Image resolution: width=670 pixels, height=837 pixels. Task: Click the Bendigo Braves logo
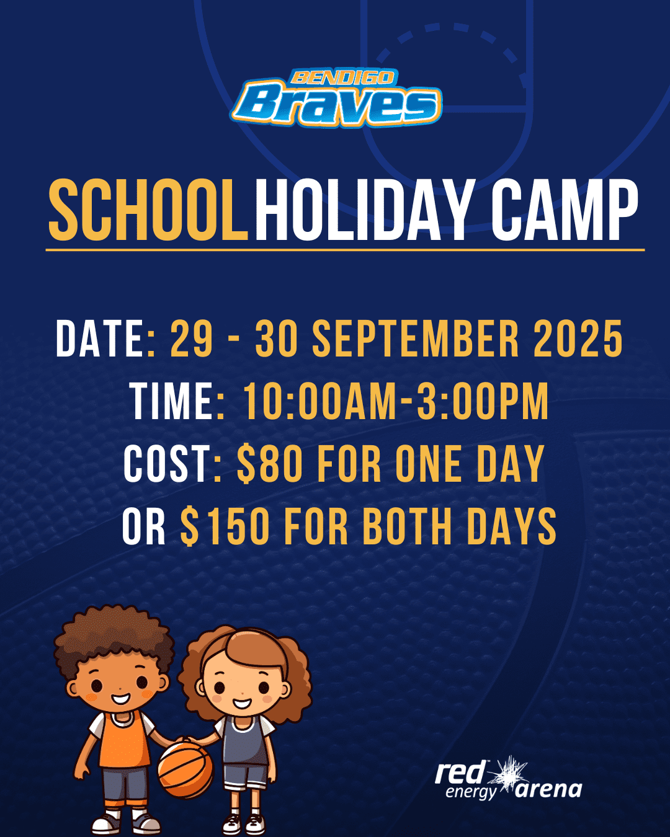[337, 98]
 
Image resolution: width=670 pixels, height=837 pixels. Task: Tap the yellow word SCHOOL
[148, 210]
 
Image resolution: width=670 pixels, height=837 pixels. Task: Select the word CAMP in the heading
[565, 210]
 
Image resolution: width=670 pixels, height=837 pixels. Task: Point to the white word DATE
[100, 339]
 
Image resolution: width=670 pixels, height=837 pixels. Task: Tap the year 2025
[578, 339]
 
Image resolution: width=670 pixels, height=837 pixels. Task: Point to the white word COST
[167, 464]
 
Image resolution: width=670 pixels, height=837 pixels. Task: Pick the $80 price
[270, 464]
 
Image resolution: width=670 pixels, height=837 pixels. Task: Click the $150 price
[225, 526]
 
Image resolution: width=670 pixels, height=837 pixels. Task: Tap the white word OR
[144, 526]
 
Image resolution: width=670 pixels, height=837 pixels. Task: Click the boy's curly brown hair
[113, 638]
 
